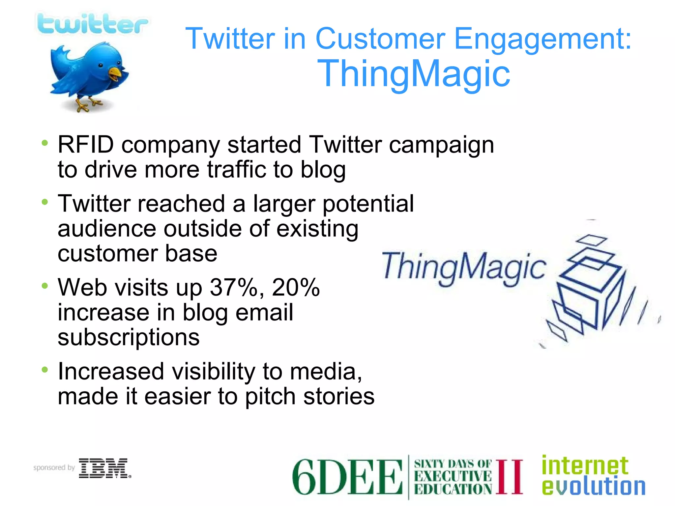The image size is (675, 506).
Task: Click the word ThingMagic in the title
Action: (x=414, y=74)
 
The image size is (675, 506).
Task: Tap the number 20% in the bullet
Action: (x=296, y=287)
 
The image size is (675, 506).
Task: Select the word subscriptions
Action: (x=129, y=337)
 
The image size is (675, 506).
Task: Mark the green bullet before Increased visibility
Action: (x=45, y=370)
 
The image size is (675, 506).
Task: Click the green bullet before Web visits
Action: (x=45, y=286)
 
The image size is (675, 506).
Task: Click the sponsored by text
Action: (x=54, y=468)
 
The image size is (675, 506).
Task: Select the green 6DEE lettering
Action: (x=347, y=477)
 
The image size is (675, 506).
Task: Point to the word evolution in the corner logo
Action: (x=593, y=487)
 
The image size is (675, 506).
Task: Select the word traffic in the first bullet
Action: (x=236, y=170)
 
